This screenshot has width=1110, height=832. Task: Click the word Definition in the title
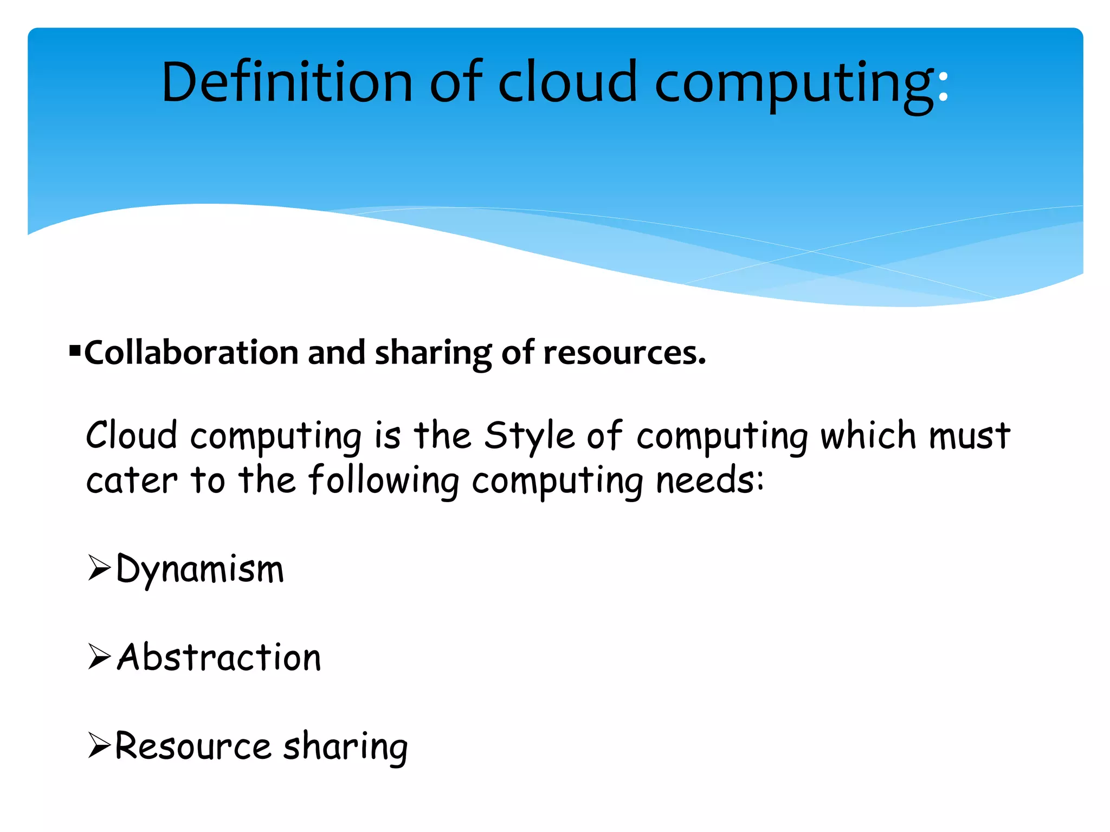pyautogui.click(x=287, y=82)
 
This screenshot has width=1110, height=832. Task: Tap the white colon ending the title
pyautogui.click(x=943, y=89)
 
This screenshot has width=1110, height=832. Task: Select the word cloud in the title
pyautogui.click(x=567, y=82)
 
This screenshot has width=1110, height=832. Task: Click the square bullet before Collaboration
pyautogui.click(x=75, y=351)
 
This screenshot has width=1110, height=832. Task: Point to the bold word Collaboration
pyautogui.click(x=191, y=353)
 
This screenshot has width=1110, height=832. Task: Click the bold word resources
pyautogui.click(x=624, y=353)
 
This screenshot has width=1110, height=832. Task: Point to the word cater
pyautogui.click(x=132, y=481)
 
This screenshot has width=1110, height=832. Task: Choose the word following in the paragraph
pyautogui.click(x=384, y=481)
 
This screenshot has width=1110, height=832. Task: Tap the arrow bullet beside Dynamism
pyautogui.click(x=99, y=569)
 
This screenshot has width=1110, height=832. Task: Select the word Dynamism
pyautogui.click(x=200, y=570)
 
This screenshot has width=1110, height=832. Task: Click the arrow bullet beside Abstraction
pyautogui.click(x=99, y=658)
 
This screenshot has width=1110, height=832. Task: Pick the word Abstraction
pyautogui.click(x=220, y=658)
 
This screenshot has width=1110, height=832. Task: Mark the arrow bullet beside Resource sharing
pyautogui.click(x=99, y=745)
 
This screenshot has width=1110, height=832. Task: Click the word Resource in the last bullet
pyautogui.click(x=193, y=746)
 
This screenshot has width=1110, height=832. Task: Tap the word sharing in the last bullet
pyautogui.click(x=345, y=747)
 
